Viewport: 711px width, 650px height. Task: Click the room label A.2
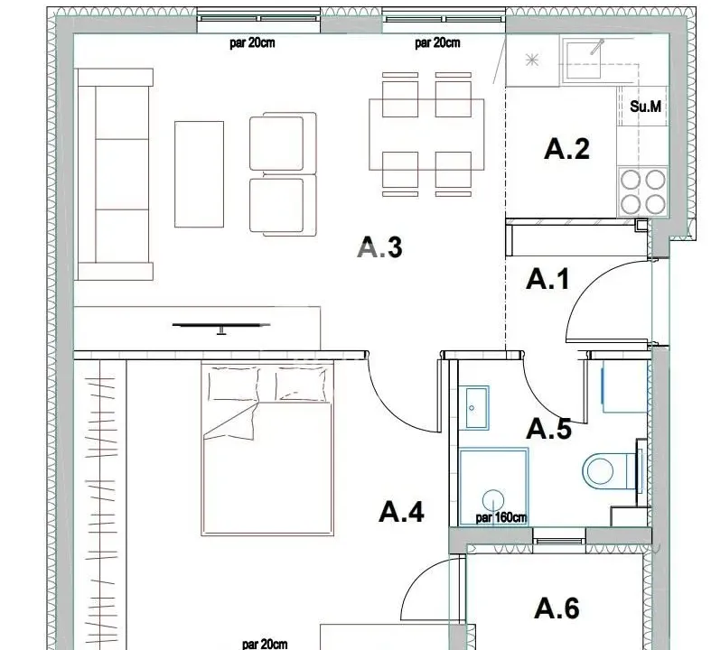click(566, 149)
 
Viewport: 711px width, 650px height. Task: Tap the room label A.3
click(379, 246)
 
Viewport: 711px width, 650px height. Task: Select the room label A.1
click(547, 279)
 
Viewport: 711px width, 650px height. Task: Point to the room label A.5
click(548, 429)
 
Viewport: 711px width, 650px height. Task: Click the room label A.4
click(400, 512)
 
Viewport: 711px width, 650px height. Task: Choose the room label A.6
click(557, 608)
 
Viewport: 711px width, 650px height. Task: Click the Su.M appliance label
click(645, 107)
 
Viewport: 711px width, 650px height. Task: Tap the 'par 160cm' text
click(501, 518)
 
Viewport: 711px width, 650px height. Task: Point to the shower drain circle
click(493, 498)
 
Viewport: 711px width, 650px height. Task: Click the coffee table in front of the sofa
click(199, 174)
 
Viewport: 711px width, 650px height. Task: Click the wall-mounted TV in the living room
click(220, 326)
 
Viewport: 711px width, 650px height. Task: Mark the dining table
click(426, 135)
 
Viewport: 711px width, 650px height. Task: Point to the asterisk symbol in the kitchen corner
click(532, 60)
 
